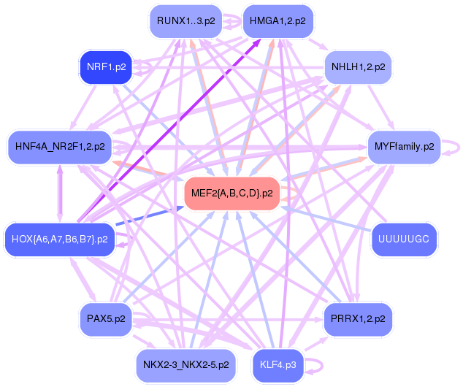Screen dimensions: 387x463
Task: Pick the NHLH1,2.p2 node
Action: click(x=358, y=67)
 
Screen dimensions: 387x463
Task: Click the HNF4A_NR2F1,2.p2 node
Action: click(x=59, y=146)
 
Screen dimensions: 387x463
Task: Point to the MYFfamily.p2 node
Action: click(x=404, y=146)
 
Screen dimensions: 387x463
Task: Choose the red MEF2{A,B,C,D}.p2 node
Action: click(x=232, y=193)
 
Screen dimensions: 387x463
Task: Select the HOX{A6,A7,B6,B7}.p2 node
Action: click(x=59, y=239)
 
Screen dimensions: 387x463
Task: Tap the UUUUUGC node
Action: click(x=404, y=239)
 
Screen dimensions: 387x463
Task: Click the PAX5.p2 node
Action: click(x=106, y=318)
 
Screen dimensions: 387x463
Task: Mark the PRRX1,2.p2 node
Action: click(x=358, y=318)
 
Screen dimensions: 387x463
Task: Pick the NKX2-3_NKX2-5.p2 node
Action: click(x=185, y=364)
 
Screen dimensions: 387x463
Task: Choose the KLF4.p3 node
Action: click(x=278, y=364)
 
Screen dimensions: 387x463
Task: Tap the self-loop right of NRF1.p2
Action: click(x=144, y=67)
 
